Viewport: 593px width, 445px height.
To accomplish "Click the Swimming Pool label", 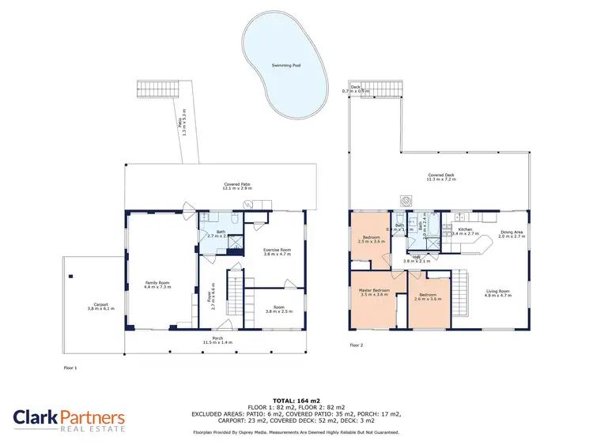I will (285, 66).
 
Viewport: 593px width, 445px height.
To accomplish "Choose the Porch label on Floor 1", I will (213, 340).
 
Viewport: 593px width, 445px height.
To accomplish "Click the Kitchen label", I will (465, 232).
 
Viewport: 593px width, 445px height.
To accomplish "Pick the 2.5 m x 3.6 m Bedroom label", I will (372, 239).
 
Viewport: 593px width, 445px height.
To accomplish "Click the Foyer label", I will (212, 294).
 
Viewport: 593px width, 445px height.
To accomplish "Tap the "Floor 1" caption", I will (70, 368).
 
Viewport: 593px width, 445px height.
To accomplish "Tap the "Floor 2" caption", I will (356, 345).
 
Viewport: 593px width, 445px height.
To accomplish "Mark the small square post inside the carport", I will (71, 276).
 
